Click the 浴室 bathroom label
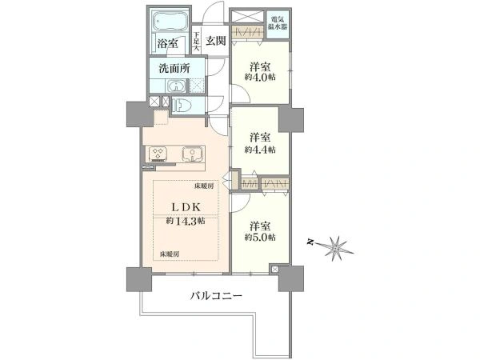click(x=166, y=42)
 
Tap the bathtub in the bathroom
click(x=168, y=21)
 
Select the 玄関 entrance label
click(x=214, y=40)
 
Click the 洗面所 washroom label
click(x=173, y=69)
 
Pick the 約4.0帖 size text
click(x=260, y=78)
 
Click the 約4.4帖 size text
click(x=260, y=150)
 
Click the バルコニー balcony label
click(x=216, y=296)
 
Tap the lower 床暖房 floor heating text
click(x=169, y=254)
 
